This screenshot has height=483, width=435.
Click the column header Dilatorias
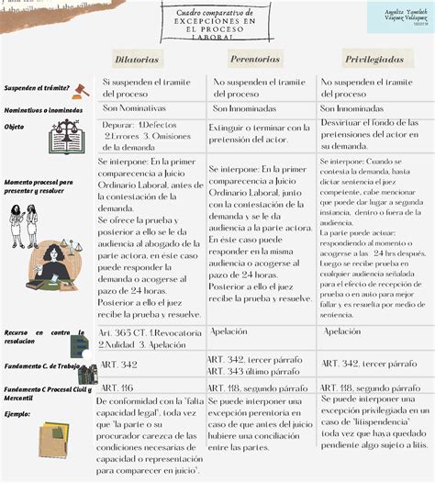pyautogui.click(x=137, y=60)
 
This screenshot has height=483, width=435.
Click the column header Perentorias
pyautogui.click(x=255, y=59)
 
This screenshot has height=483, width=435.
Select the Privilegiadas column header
pyautogui.click(x=375, y=59)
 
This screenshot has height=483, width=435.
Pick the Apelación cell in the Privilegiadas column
pyautogui.click(x=342, y=331)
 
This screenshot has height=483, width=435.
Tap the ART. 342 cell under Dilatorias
pyautogui.click(x=118, y=365)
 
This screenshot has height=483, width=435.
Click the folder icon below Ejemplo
pyautogui.click(x=53, y=439)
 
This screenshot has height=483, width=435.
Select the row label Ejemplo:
pyautogui.click(x=17, y=414)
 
